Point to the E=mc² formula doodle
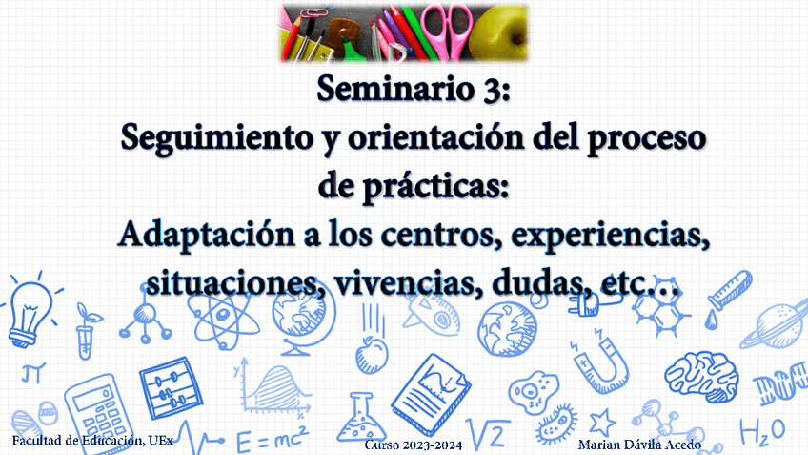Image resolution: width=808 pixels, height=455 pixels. coord(272,440)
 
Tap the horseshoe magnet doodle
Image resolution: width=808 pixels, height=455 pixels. coord(597,358)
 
